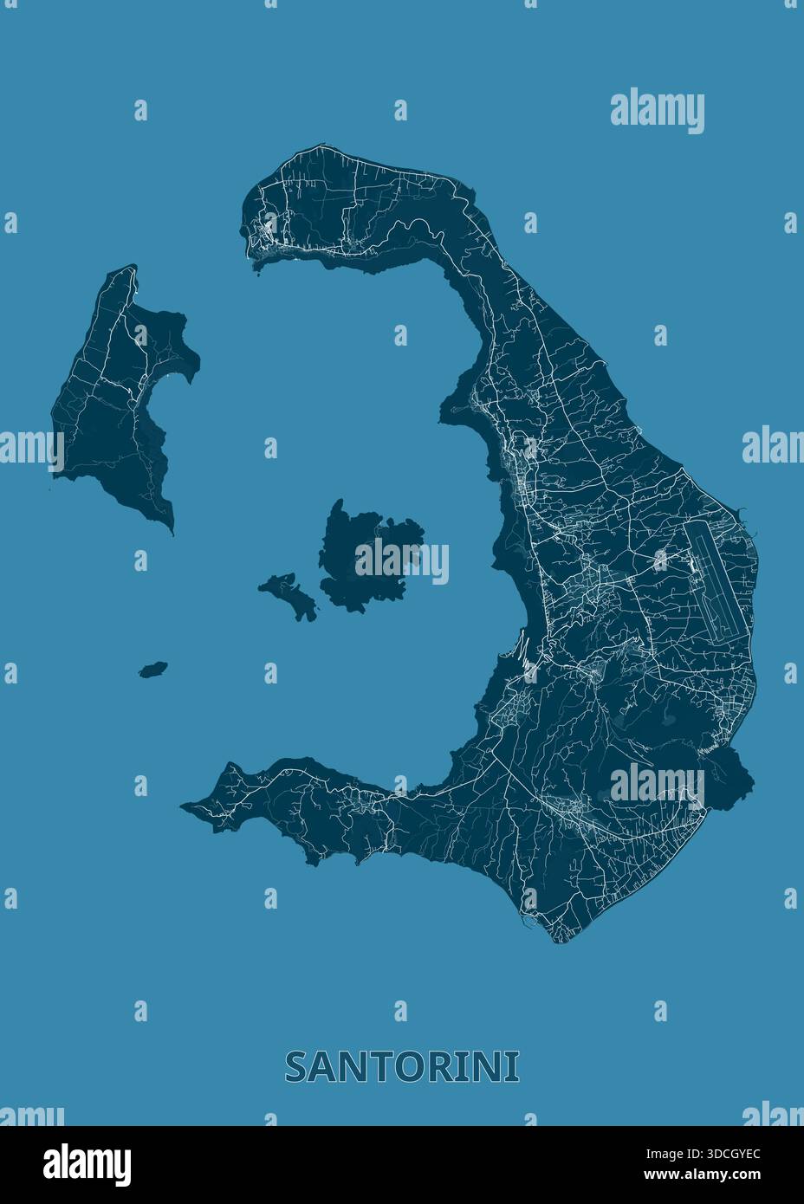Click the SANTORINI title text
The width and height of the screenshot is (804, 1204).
(402, 1066)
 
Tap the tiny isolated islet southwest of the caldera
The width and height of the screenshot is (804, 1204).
(153, 670)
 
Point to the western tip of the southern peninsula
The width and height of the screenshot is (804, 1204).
(184, 806)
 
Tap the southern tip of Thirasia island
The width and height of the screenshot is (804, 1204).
(171, 530)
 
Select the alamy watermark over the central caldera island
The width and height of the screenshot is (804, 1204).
(401, 561)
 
